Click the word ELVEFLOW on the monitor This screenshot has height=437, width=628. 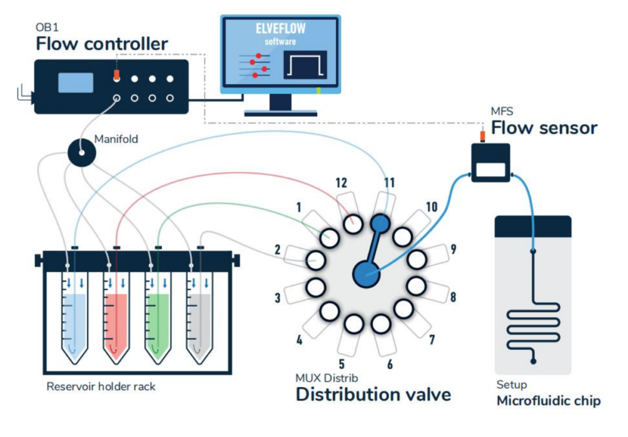tap(280, 29)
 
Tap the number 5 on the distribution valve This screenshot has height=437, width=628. tap(341, 363)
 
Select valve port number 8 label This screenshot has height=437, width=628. tap(453, 298)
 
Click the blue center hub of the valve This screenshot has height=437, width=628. tap(366, 273)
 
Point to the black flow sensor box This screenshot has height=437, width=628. tap(489, 163)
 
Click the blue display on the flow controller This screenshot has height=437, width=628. tap(75, 82)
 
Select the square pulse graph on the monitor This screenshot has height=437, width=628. tap(304, 64)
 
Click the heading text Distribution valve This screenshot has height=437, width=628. tap(373, 394)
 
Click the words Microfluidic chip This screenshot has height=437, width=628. tap(548, 401)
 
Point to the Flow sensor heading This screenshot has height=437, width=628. tap(544, 128)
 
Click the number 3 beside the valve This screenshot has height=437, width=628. tap(277, 298)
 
